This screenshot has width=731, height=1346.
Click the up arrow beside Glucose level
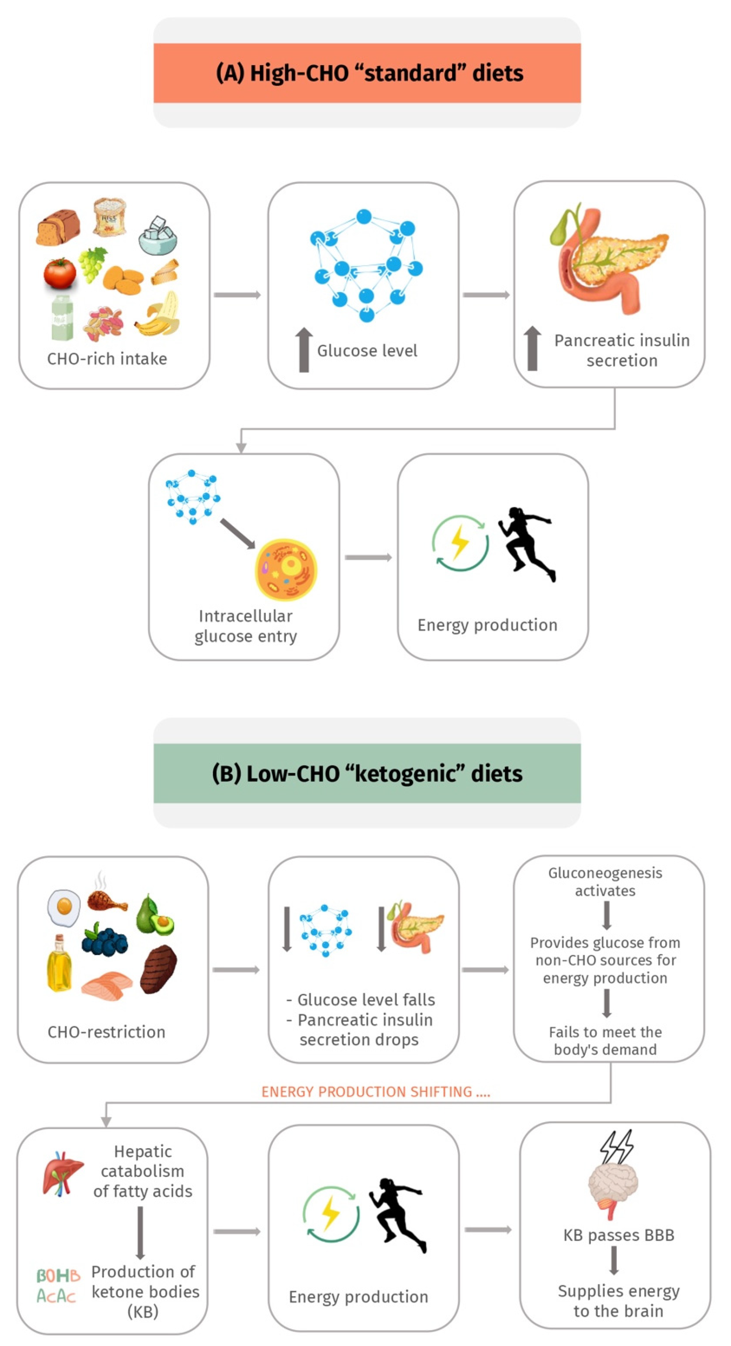click(304, 350)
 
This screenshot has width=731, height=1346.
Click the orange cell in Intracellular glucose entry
click(286, 570)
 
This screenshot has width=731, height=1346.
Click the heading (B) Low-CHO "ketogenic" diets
click(367, 774)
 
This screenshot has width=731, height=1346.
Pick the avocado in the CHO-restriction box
click(154, 916)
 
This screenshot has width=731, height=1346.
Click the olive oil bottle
click(59, 964)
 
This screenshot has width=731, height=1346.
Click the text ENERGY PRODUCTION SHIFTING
click(375, 1092)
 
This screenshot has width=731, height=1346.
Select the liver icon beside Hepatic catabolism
click(62, 1171)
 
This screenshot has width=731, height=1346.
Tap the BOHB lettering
click(58, 1276)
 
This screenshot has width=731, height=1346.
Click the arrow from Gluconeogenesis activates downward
click(606, 916)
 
